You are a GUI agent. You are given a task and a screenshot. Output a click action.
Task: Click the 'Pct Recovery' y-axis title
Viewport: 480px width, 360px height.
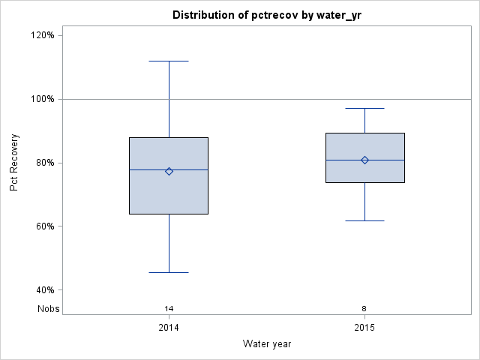click(14, 163)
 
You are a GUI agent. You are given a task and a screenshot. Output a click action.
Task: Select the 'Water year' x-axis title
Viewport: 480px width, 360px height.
click(267, 343)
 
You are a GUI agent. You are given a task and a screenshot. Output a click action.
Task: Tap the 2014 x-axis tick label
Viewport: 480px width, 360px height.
click(169, 328)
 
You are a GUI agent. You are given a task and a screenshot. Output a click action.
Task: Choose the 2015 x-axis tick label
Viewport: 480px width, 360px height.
click(364, 328)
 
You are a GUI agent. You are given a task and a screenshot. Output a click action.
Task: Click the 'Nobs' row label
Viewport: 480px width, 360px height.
click(49, 308)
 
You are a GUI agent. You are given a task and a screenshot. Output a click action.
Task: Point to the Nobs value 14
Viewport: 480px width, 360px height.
click(169, 308)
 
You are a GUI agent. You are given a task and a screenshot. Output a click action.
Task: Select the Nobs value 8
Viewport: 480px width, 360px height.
click(364, 308)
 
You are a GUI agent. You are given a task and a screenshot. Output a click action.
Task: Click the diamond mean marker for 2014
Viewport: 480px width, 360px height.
click(169, 171)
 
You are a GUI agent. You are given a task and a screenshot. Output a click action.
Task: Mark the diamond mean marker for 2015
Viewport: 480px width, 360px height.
click(364, 160)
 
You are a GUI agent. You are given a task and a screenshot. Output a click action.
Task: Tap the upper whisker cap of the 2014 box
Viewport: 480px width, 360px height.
click(169, 61)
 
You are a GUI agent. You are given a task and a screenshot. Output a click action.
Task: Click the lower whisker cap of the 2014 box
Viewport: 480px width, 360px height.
click(169, 272)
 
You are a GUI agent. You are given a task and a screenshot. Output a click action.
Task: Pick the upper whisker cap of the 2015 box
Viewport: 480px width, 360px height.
click(364, 108)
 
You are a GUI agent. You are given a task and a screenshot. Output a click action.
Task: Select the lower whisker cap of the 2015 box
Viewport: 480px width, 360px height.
click(364, 220)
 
